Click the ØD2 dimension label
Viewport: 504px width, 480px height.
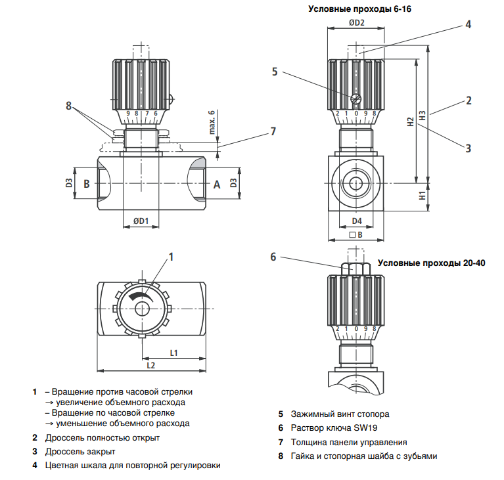356,23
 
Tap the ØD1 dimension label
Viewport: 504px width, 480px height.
141,221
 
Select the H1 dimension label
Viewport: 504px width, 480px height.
423,195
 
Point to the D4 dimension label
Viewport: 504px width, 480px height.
357,221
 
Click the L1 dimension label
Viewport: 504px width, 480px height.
173,353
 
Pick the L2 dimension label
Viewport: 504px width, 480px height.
150,365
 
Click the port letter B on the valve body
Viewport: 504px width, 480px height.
87,184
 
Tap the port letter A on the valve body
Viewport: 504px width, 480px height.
217,185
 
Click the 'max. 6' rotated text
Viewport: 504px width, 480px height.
212,122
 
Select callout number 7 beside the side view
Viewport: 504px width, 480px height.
273,131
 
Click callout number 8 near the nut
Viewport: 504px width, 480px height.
68,106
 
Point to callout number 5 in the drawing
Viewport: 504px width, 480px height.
275,72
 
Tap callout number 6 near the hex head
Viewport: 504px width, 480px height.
273,257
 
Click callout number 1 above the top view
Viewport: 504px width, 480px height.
171,257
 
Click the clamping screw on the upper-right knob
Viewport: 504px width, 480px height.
356,98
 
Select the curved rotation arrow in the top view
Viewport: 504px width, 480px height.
141,296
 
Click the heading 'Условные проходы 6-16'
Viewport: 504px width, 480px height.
359,9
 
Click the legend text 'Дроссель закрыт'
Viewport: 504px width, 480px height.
80,451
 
